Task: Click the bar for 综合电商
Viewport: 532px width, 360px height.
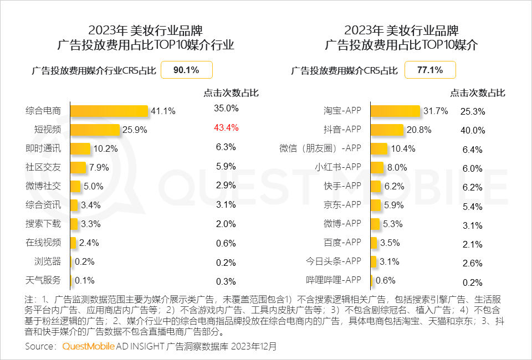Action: [x=109, y=111]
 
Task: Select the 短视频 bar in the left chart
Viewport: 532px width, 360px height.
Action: [x=95, y=130]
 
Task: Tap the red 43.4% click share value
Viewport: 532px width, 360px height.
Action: [x=226, y=127]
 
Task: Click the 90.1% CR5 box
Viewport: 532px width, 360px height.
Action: [x=186, y=70]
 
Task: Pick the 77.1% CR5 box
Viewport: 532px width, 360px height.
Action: [x=430, y=70]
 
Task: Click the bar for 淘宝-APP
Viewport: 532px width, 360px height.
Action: [x=396, y=111]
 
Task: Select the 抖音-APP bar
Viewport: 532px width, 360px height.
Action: [x=387, y=130]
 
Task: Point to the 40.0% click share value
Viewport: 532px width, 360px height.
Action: [x=473, y=131]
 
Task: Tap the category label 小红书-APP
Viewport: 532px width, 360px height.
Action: [x=337, y=167]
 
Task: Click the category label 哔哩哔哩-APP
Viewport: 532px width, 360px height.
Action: [x=334, y=279]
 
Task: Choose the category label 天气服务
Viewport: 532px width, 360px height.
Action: [x=43, y=279]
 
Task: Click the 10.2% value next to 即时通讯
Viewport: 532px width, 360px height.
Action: [x=105, y=148]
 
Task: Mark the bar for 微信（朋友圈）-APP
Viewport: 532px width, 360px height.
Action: [x=379, y=148]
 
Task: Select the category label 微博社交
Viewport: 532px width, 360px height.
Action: [x=43, y=186]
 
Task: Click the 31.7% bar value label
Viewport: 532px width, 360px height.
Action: [x=436, y=111]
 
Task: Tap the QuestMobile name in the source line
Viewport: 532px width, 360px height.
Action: [x=89, y=346]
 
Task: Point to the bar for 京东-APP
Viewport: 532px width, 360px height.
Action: [x=376, y=204]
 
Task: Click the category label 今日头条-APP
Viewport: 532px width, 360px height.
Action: [x=334, y=260]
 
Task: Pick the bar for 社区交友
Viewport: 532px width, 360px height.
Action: [x=78, y=167]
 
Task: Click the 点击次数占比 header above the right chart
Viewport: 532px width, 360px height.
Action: [x=478, y=92]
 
